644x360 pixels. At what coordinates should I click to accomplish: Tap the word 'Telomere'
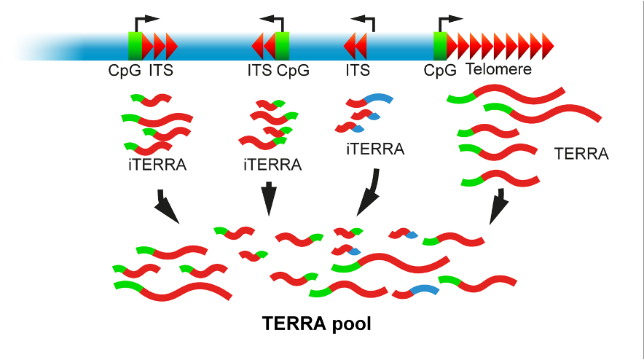tap(498, 70)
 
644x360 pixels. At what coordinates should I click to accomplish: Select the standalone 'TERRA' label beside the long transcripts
tap(581, 154)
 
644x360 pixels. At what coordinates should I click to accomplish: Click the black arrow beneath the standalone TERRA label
tap(499, 208)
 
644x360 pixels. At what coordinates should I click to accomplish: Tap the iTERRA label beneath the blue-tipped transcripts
tap(374, 150)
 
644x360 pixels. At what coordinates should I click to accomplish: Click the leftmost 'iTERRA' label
tap(156, 165)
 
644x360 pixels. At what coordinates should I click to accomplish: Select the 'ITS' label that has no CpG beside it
tap(357, 70)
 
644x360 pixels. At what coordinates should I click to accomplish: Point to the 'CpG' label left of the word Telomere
tap(440, 70)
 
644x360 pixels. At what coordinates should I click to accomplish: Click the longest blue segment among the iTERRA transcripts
tap(378, 98)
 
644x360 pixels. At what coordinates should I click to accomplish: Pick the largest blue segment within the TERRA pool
tap(425, 291)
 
